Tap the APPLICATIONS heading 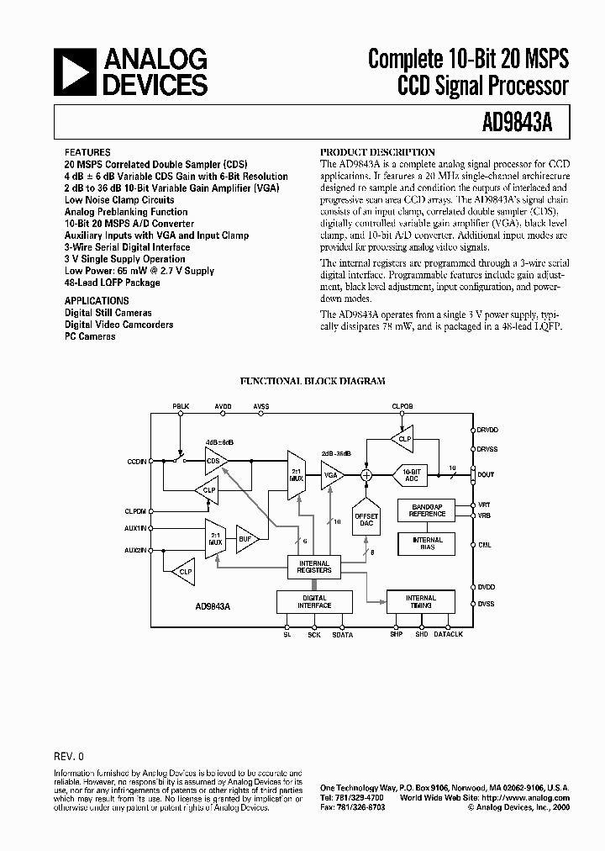97,300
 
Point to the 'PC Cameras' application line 91,336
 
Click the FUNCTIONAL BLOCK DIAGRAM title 313,381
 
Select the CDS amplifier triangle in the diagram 216,460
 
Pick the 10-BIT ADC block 411,474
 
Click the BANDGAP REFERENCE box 427,510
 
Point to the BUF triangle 246,539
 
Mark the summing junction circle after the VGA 366,474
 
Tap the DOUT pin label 487,474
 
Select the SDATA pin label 343,635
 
